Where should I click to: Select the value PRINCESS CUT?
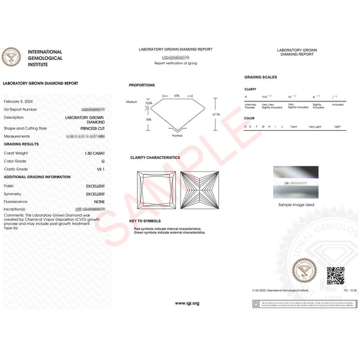click(x=92, y=128)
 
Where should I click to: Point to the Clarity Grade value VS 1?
click(x=100, y=169)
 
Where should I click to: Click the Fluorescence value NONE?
click(x=99, y=202)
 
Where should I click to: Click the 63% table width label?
click(x=176, y=95)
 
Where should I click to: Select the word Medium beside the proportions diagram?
click(x=132, y=101)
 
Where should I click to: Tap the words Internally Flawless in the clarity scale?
click(x=250, y=106)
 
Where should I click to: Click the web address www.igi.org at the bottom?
click(x=187, y=303)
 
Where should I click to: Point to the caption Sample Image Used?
click(x=295, y=205)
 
